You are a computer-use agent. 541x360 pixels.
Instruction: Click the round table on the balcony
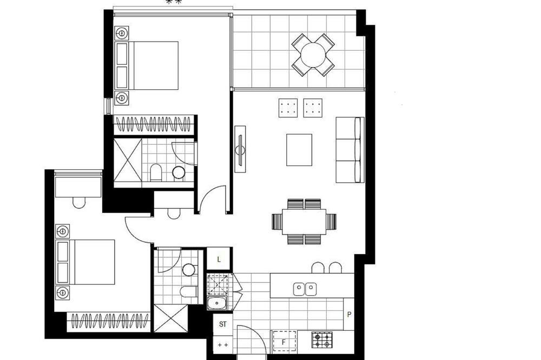(313, 55)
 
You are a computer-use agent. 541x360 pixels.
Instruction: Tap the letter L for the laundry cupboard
(219, 259)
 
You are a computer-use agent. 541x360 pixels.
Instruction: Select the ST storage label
(223, 324)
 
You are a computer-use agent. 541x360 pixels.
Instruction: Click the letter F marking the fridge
(284, 342)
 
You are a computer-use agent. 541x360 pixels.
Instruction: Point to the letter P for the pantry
(349, 315)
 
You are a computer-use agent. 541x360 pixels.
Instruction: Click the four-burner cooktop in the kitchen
(322, 339)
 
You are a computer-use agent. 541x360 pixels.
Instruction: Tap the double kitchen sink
(305, 289)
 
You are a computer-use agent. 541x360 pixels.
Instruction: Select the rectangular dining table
(304, 222)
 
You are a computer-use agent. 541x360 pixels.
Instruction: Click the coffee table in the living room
(299, 150)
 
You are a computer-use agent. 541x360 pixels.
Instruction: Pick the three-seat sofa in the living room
(350, 150)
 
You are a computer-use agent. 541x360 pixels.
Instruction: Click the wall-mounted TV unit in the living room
(240, 149)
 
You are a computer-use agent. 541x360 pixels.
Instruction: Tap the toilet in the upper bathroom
(156, 172)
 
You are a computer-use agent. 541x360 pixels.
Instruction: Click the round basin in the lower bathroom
(189, 270)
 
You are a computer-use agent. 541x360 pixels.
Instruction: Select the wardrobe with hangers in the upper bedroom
(154, 124)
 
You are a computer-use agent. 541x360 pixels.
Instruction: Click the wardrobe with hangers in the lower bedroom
(108, 322)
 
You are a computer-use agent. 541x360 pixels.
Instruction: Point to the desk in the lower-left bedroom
(78, 187)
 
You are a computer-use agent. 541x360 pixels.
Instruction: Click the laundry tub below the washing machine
(217, 303)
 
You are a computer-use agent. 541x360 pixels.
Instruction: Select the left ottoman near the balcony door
(288, 108)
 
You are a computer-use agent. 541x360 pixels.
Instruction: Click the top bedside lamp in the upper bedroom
(122, 34)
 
